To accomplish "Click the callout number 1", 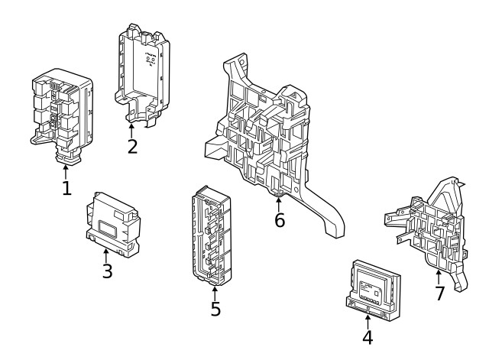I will click(x=66, y=187).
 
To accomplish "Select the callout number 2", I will click(x=132, y=145).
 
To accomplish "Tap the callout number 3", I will click(x=107, y=271).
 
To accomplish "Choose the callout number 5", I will click(x=215, y=310).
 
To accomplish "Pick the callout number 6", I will click(x=280, y=221).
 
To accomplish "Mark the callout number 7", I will click(x=439, y=294).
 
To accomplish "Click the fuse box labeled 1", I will click(x=61, y=111).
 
